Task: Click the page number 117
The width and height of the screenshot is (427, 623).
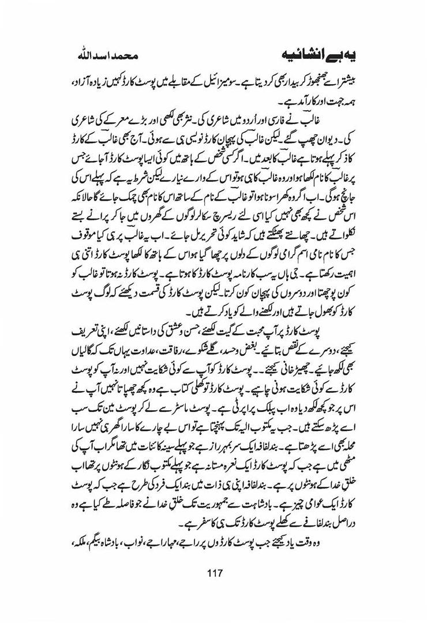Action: (213, 573)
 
